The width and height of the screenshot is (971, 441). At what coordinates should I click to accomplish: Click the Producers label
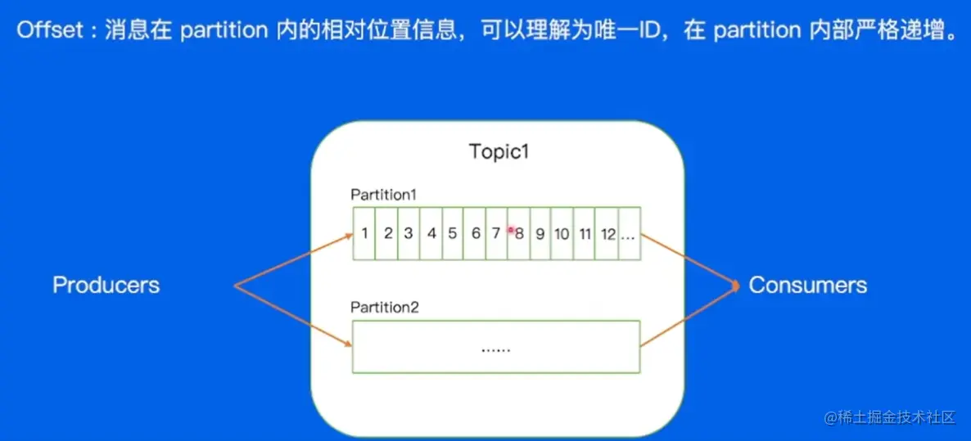[x=106, y=285]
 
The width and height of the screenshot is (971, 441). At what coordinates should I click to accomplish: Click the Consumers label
[x=807, y=285]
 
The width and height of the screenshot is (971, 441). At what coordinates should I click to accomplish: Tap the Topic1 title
[x=499, y=152]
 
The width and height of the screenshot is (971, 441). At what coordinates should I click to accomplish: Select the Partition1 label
[x=384, y=195]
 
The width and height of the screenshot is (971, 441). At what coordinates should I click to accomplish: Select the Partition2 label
[x=384, y=308]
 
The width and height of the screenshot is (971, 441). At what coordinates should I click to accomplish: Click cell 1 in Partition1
[x=364, y=233]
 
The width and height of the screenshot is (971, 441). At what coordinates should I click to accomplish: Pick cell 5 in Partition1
[x=452, y=233]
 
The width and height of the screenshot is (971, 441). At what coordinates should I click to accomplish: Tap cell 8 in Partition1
[x=519, y=233]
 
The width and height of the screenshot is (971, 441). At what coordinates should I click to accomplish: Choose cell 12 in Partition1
[x=607, y=233]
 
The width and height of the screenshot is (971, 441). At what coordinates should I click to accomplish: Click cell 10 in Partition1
[x=562, y=233]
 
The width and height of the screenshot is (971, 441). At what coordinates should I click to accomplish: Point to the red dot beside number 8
[x=511, y=231]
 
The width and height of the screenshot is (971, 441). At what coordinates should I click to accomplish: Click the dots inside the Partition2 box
[x=495, y=348]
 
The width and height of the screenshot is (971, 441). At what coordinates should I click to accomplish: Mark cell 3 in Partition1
[x=409, y=233]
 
